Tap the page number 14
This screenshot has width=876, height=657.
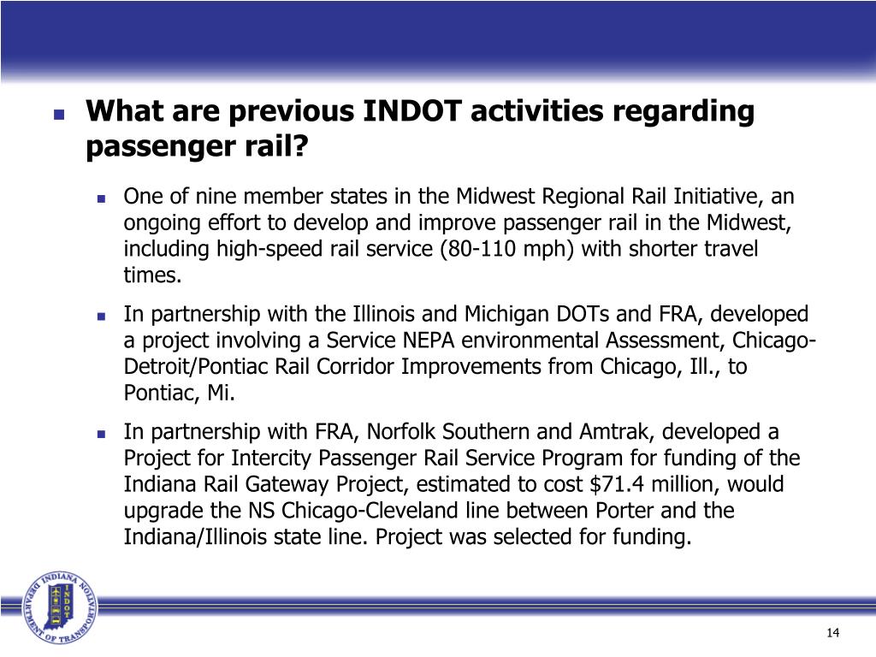(834, 632)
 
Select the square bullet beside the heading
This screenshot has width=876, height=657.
(59, 114)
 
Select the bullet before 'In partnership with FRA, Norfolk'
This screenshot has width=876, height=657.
(100, 432)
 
